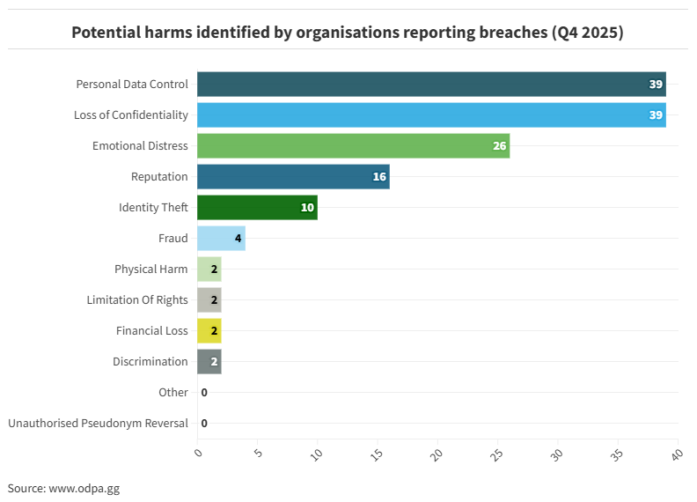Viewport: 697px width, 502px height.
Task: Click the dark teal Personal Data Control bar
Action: coord(431,85)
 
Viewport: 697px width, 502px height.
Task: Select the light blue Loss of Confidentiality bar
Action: coord(431,115)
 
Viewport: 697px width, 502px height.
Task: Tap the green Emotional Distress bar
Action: coord(353,146)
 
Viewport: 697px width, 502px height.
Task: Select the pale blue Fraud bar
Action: coord(221,239)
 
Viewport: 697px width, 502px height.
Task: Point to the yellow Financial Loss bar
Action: coord(209,331)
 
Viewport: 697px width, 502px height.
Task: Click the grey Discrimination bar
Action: coord(209,362)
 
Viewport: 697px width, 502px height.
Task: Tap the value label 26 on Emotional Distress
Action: coord(499,146)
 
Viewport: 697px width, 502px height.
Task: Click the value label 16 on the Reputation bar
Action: coord(379,177)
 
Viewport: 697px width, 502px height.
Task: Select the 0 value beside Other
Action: coord(204,393)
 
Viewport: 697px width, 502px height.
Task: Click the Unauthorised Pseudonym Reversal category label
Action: coord(98,424)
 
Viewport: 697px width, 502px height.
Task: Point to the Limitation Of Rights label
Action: coord(137,300)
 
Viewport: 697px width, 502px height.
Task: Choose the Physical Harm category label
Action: coord(150,269)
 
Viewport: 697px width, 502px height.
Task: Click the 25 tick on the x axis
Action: coord(497,454)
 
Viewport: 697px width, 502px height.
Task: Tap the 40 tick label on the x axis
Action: coord(677,454)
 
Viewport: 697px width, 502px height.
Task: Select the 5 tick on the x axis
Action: coord(258,454)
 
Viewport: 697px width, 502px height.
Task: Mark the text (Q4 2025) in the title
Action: coord(588,33)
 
